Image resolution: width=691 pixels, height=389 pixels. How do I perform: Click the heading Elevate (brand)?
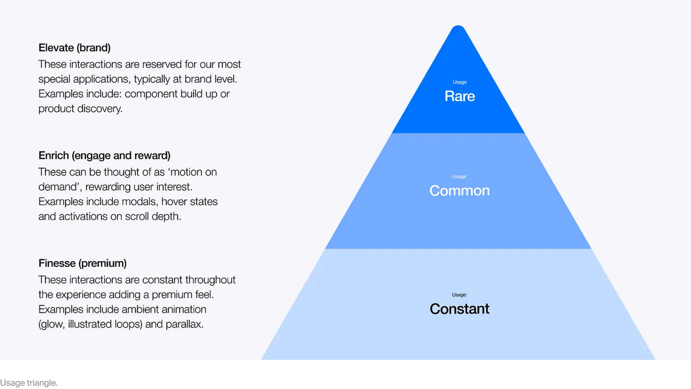click(x=74, y=48)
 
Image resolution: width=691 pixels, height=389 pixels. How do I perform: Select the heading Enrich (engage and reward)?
click(x=104, y=156)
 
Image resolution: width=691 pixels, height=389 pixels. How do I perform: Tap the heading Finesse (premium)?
click(x=82, y=263)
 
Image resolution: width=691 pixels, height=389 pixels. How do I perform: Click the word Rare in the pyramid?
click(x=459, y=96)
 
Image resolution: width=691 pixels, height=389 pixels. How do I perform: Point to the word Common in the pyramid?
click(x=459, y=190)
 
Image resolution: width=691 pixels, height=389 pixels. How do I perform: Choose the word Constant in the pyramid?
click(x=459, y=309)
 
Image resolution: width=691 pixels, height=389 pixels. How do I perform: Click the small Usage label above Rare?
click(x=459, y=82)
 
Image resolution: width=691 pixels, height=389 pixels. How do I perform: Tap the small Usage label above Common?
click(x=459, y=176)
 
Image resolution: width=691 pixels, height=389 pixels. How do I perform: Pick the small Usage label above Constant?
click(x=459, y=295)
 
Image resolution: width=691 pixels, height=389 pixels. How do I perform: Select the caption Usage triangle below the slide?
click(x=29, y=383)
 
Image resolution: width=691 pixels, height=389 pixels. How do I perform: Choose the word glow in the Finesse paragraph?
click(x=53, y=324)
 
